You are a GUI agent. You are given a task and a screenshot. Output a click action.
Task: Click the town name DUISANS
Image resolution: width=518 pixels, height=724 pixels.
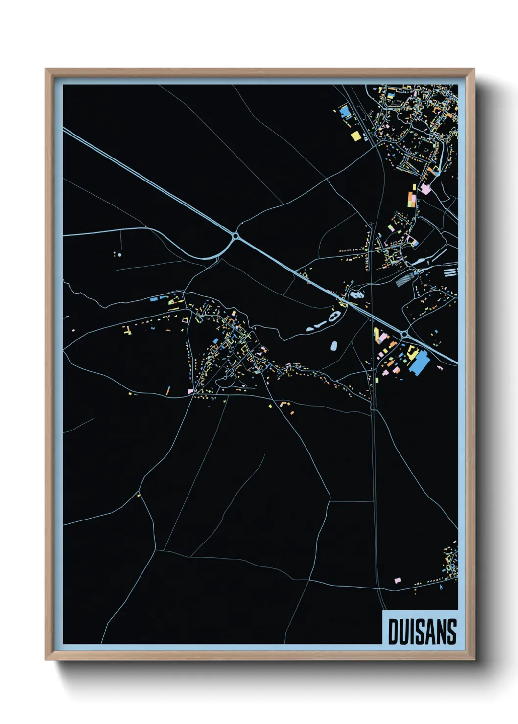(422, 632)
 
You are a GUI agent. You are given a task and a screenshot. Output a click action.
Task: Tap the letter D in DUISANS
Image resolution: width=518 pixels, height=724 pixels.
(394, 632)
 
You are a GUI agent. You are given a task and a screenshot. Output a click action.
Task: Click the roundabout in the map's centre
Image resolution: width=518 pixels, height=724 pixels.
(236, 236)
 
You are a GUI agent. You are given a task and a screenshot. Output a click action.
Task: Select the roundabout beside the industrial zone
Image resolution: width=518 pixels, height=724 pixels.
(404, 334)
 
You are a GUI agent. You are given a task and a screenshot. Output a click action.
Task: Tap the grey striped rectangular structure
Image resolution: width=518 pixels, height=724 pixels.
(404, 280)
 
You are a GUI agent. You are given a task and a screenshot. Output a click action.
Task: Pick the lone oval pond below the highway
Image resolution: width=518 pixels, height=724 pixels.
(334, 345)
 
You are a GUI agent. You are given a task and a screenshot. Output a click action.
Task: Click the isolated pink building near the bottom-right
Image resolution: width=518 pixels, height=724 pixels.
(398, 580)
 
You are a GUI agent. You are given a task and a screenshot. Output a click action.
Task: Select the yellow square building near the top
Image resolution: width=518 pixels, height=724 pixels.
(356, 136)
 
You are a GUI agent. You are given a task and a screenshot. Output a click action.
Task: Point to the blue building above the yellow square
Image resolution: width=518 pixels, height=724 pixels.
(345, 112)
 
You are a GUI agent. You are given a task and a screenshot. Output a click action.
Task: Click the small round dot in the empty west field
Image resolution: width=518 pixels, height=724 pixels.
(119, 255)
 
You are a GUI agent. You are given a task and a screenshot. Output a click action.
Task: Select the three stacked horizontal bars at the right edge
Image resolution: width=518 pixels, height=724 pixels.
(450, 271)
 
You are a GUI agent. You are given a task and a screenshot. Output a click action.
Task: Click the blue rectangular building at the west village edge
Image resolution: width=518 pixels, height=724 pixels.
(153, 298)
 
